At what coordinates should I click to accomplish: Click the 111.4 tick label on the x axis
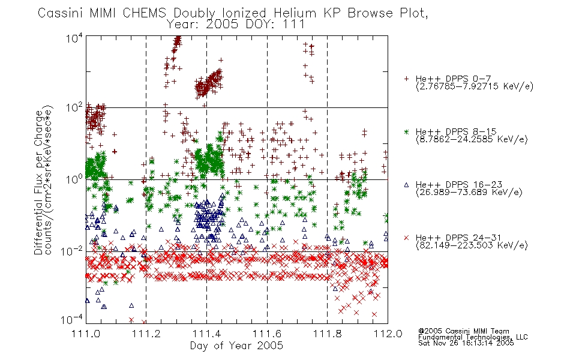(x=206, y=334)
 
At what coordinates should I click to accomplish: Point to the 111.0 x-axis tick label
(x=86, y=334)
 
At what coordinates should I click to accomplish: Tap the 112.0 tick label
(x=388, y=334)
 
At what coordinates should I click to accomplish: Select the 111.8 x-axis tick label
(x=328, y=334)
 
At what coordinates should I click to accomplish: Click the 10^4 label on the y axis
(x=74, y=38)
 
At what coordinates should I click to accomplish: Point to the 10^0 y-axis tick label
(x=74, y=179)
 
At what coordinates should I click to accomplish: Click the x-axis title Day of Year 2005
(x=236, y=346)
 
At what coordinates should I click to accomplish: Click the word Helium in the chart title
(x=296, y=13)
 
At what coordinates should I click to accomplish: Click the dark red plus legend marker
(x=406, y=79)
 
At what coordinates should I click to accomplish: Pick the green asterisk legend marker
(x=406, y=131)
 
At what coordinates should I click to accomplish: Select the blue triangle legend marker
(x=406, y=185)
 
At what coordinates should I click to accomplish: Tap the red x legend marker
(x=406, y=238)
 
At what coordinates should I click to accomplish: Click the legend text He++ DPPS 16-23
(x=459, y=185)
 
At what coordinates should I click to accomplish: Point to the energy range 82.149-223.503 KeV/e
(x=472, y=245)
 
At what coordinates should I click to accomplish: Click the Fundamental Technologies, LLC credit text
(x=473, y=337)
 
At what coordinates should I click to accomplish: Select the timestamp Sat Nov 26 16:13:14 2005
(x=466, y=343)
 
